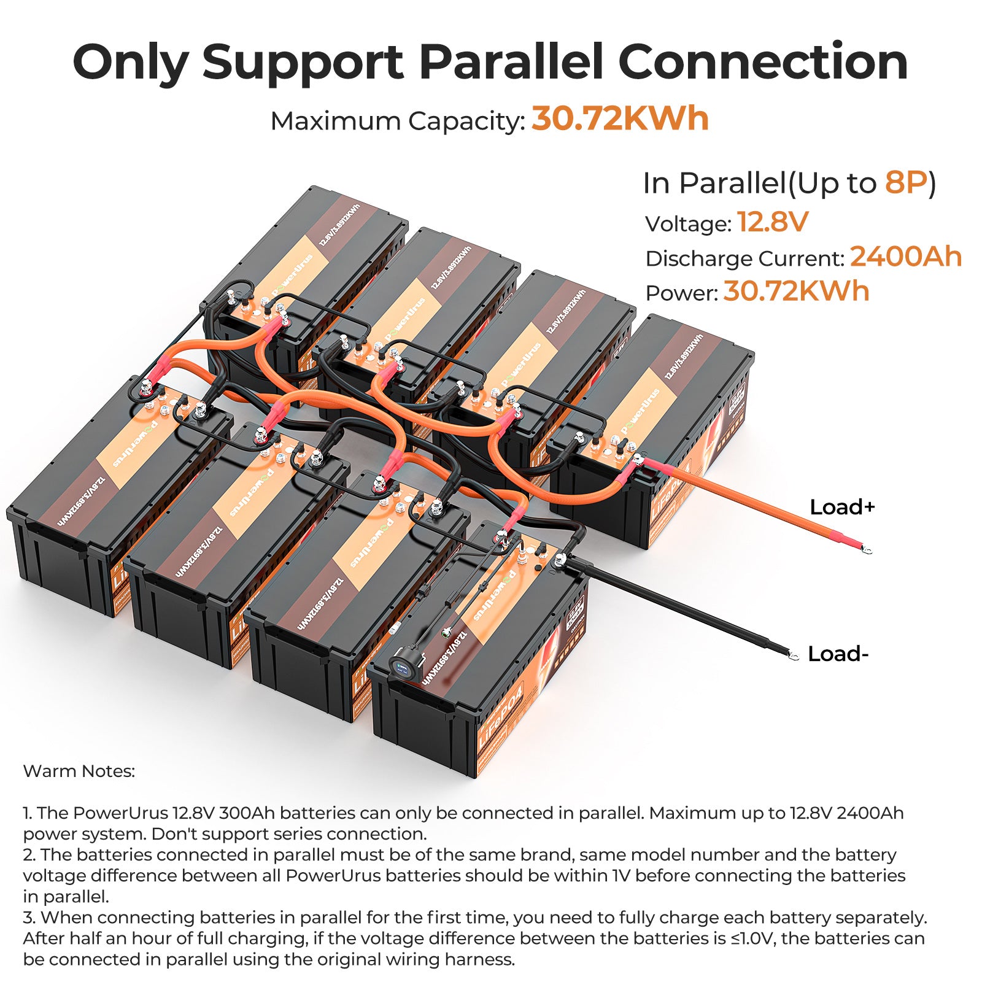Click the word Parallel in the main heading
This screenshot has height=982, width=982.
[511, 63]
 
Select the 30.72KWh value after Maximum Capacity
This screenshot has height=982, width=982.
[620, 118]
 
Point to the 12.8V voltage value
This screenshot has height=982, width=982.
[773, 222]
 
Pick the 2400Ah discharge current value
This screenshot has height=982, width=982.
[905, 257]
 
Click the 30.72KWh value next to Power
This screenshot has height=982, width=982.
[796, 292]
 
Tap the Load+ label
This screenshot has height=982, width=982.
[842, 507]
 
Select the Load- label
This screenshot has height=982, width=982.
[838, 654]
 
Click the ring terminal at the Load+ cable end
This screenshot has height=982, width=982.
[867, 547]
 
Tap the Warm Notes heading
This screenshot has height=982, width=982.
[79, 771]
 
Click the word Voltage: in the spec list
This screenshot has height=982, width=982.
[688, 224]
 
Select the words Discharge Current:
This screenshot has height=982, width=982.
[745, 259]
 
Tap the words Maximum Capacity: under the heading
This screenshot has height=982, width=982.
[398, 121]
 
